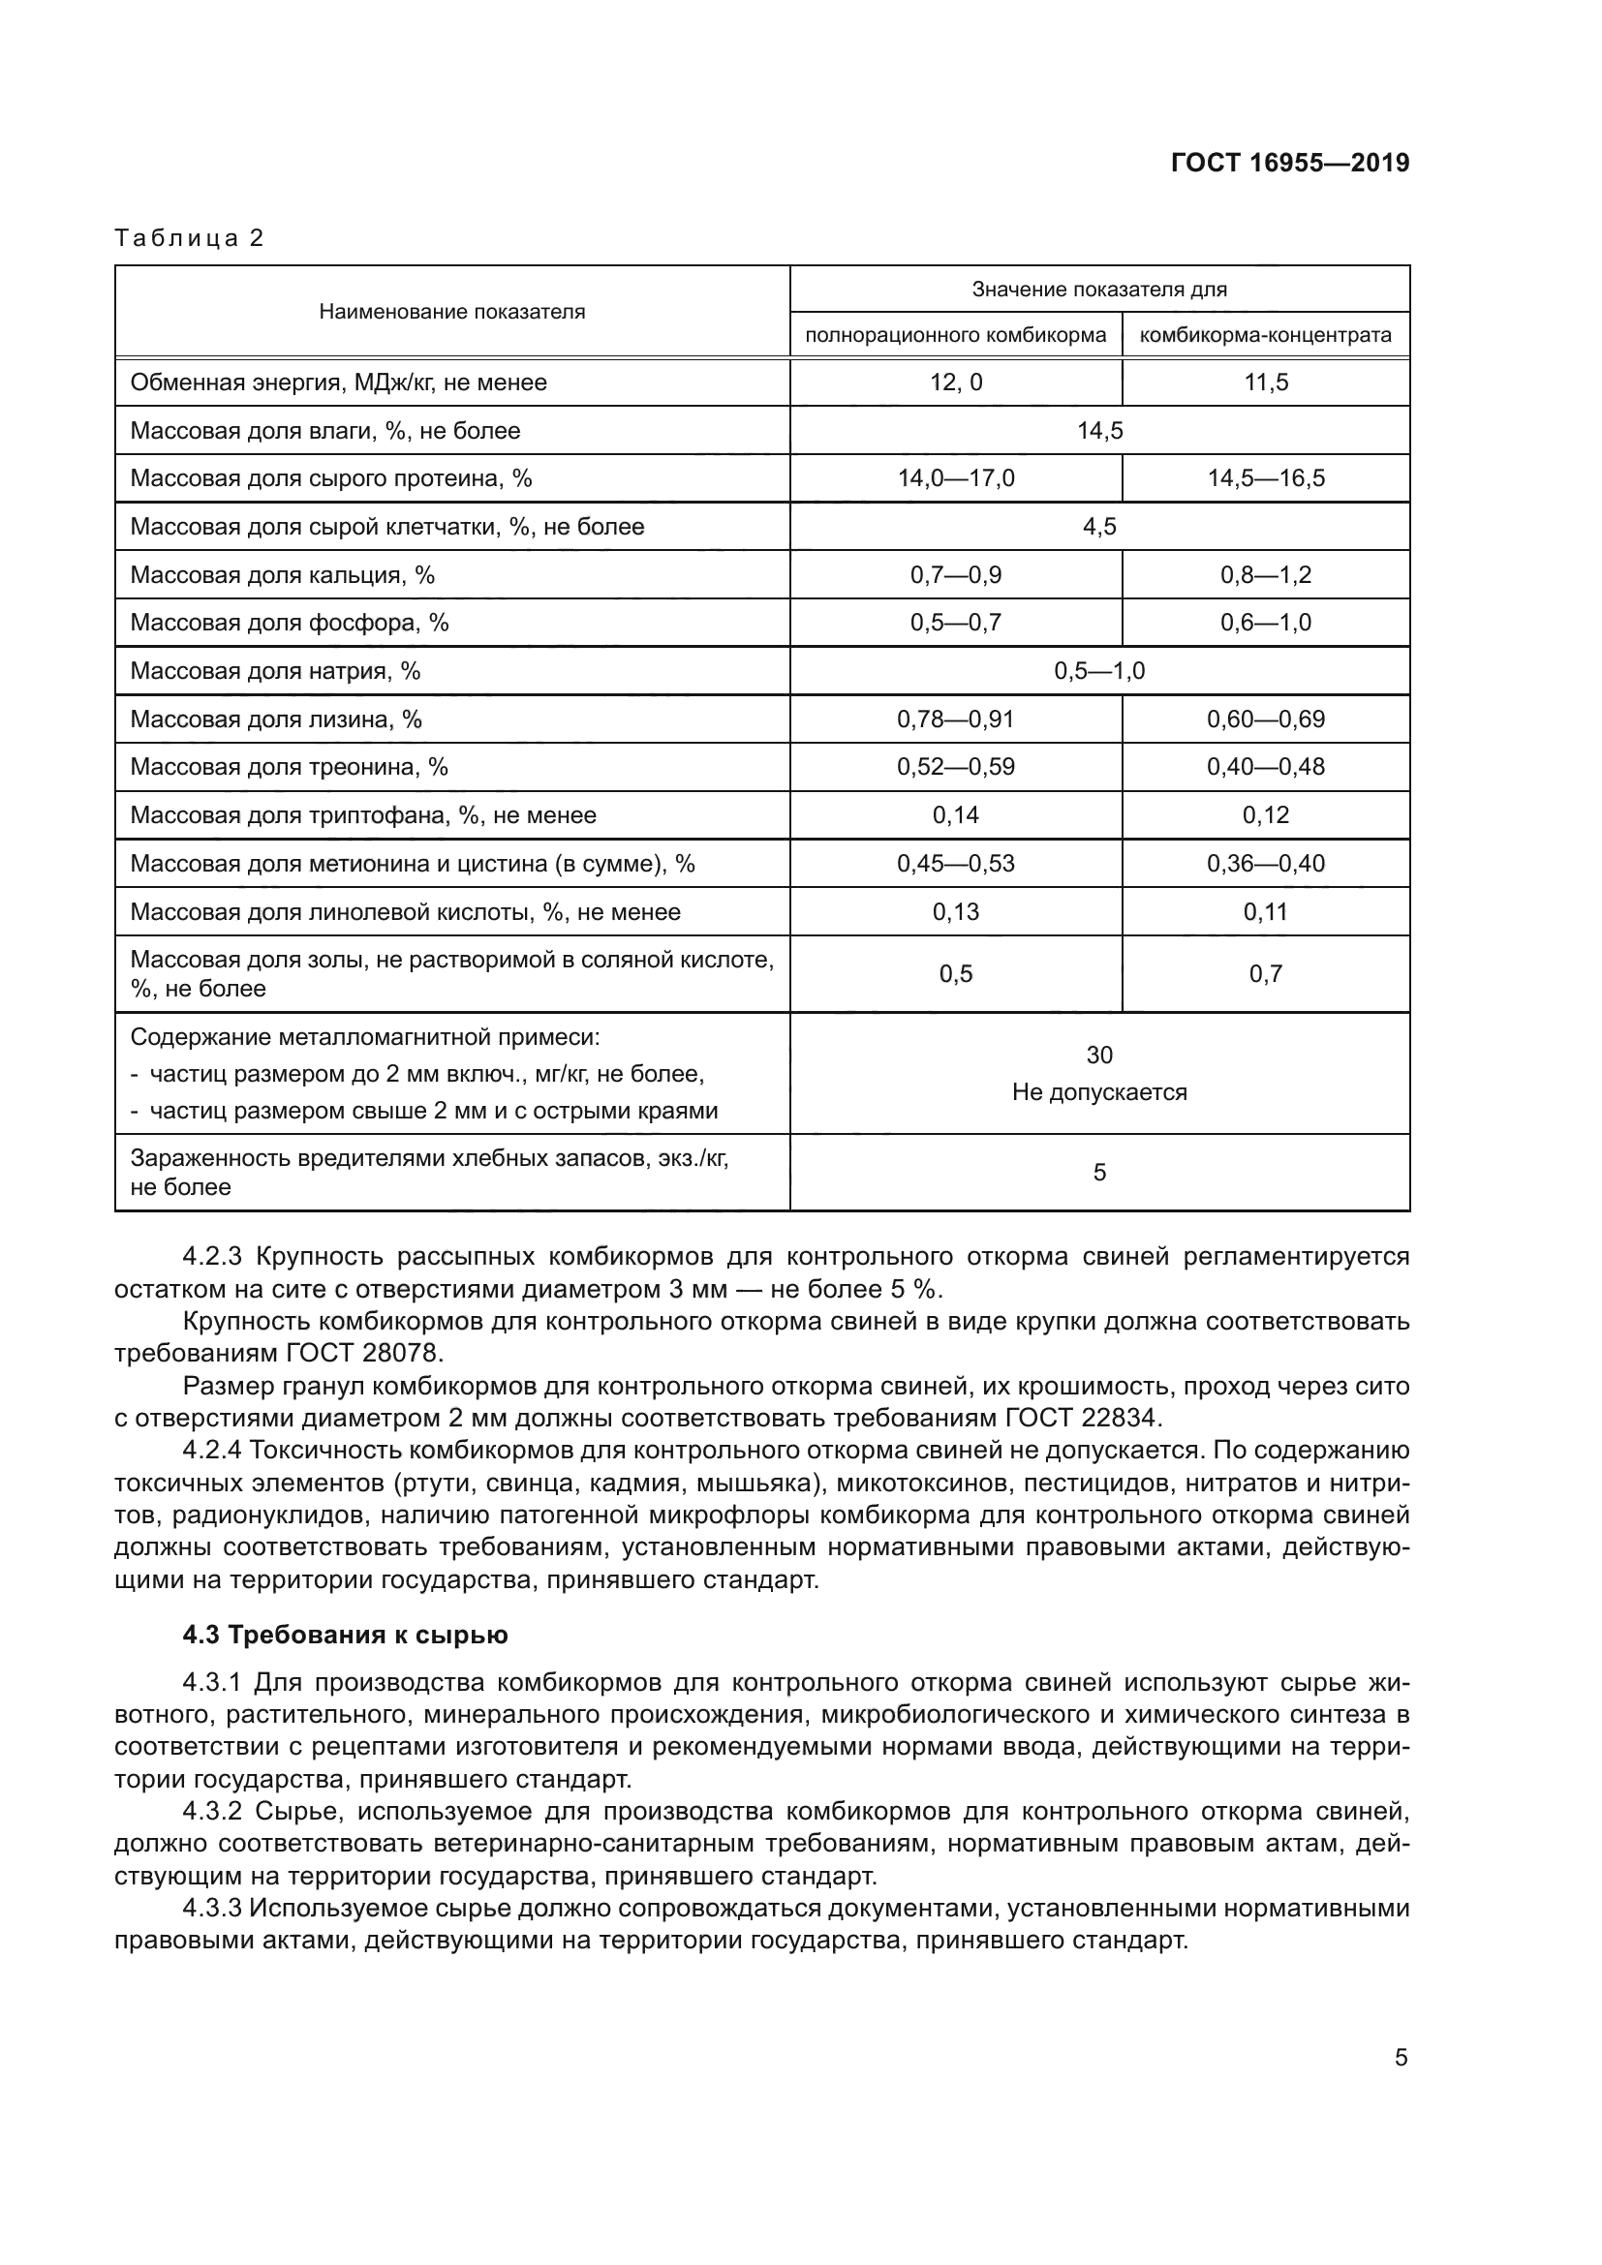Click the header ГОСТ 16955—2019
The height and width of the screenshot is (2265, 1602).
[x=1289, y=163]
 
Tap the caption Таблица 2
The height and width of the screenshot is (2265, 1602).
[x=190, y=238]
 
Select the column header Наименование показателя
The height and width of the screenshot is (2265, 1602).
[x=451, y=312]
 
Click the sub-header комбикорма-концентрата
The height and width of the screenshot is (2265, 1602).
[x=1266, y=335]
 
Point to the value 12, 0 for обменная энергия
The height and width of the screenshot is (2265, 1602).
[x=956, y=383]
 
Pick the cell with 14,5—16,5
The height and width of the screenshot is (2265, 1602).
[x=1266, y=479]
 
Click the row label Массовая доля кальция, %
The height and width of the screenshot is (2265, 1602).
[x=282, y=575]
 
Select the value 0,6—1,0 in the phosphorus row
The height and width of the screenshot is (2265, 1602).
[x=1266, y=624]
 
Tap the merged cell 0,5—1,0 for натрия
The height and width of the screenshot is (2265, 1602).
[x=1099, y=672]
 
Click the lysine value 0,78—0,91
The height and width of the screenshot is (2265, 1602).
[x=955, y=720]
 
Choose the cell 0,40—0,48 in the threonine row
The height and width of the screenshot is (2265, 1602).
[x=1266, y=768]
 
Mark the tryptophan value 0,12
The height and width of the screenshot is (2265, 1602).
[x=1266, y=815]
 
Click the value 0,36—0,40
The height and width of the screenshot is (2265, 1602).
[x=1266, y=864]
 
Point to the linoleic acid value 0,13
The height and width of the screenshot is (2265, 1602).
[x=955, y=912]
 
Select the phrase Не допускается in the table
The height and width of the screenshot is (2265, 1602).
[x=1099, y=1093]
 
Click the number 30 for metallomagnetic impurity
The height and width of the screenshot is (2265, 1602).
[x=1099, y=1056]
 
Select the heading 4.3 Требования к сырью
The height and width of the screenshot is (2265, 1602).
[x=345, y=1636]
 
